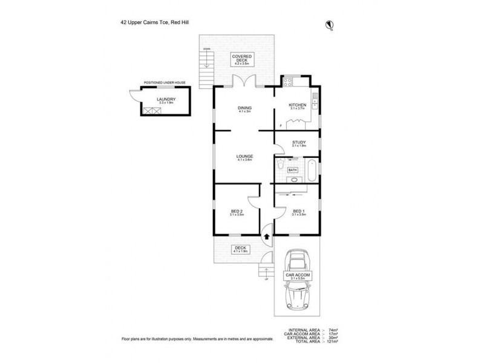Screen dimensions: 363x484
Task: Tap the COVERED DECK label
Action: [244, 59]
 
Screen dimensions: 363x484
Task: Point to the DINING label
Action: [244, 109]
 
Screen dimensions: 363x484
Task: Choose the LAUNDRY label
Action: [166, 100]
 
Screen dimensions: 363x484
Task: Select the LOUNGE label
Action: [244, 157]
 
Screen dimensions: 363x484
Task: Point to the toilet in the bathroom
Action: [280, 165]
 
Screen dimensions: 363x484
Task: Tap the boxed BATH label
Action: [292, 171]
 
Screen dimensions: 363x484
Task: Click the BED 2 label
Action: [237, 212]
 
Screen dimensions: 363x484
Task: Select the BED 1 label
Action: [298, 212]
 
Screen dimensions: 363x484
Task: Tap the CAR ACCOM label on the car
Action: [298, 276]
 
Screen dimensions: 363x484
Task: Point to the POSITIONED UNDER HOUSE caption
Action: [164, 82]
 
